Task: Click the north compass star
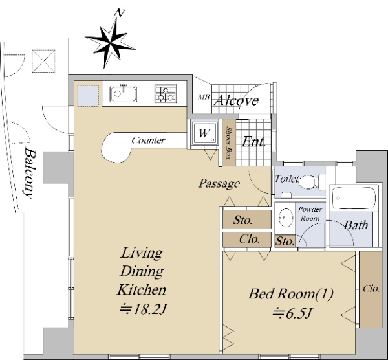pos(111,43)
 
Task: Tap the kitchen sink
pos(124,94)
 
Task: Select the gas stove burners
pos(166,93)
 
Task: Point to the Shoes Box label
pos(230,142)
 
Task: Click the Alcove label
pos(236,100)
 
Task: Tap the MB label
pos(204,97)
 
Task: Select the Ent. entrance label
pos(253,142)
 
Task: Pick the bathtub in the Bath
pos(354,198)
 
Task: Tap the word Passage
pos(219,183)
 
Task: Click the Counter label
pos(148,141)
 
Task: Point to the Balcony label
pos(29,174)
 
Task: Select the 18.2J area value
pos(143,309)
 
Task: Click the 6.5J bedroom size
pos(291,313)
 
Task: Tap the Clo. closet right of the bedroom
pos(371,289)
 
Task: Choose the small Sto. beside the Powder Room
pos(285,241)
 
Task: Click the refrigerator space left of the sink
pos(88,96)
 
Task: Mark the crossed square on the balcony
pos(44,61)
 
